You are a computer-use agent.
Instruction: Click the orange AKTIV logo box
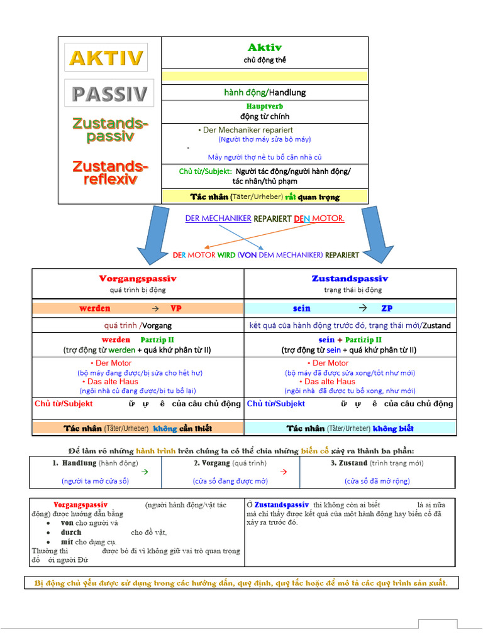click(106, 58)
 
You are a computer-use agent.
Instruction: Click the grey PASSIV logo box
click(109, 94)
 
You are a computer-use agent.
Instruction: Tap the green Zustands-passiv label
click(111, 130)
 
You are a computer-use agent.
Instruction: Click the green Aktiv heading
click(265, 48)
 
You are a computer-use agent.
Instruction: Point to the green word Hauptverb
click(265, 107)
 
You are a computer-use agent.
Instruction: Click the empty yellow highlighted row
click(265, 76)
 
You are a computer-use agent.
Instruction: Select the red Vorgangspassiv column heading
click(138, 278)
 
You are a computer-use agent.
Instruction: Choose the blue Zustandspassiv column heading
click(350, 278)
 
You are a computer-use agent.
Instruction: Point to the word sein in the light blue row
click(302, 308)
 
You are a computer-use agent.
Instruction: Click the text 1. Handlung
click(74, 463)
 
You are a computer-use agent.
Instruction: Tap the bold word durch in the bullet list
click(71, 532)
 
